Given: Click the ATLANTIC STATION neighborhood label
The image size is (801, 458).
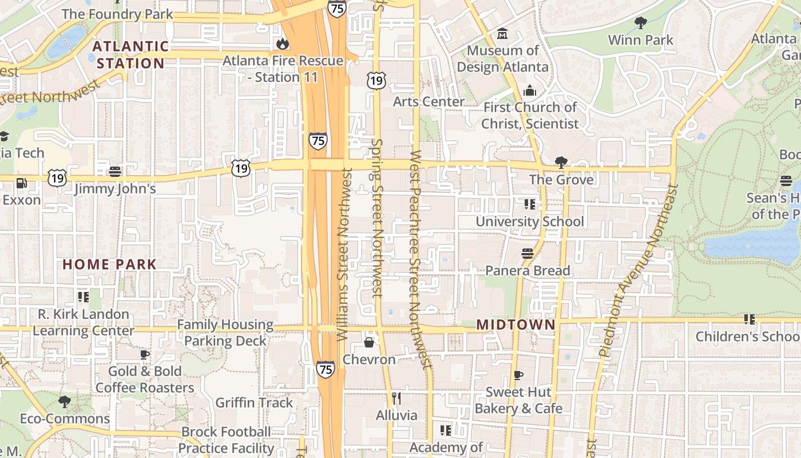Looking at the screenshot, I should pos(130,54).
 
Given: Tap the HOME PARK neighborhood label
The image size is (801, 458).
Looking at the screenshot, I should pos(109,264).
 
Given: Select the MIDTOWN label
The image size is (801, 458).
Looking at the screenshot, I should pos(516,325).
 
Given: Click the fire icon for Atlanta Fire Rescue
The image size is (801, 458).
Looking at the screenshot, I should pos(282,44).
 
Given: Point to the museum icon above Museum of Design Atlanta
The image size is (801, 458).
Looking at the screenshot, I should pos(502,34).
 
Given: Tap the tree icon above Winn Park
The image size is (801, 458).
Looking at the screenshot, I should pos(641,23).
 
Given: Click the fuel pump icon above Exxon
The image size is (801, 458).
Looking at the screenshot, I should pos(21,183).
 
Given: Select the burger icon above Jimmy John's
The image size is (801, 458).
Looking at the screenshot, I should pos(115,171).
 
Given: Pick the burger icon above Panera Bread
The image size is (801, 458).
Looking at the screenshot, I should pos(528,254).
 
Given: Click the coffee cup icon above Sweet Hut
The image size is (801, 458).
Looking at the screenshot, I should pos(518,375).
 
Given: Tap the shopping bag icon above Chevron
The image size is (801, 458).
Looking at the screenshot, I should pos(369,342).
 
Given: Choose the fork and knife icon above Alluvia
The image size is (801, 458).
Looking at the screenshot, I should pos(396,398).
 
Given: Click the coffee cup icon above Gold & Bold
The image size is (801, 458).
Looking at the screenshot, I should pos(145,354).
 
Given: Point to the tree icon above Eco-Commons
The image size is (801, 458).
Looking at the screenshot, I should pos(65,401).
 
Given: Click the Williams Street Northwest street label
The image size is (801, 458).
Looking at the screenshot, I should pos(344,255).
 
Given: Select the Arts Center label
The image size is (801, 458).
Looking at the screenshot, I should pos(429,102).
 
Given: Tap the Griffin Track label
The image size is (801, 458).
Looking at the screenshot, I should pos(254,402).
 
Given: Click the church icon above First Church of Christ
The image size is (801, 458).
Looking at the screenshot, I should pos(530,90).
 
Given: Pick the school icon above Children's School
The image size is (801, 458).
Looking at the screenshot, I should pos(749,319).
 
